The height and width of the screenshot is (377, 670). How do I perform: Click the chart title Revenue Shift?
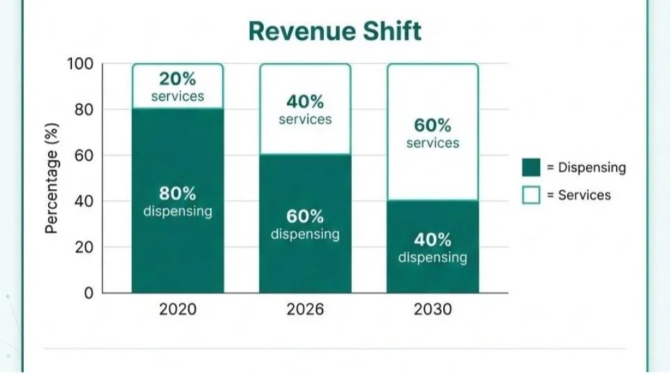click(335, 31)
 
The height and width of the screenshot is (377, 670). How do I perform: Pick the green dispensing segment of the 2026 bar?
click(305, 265)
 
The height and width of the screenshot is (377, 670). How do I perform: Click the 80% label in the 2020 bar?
click(177, 193)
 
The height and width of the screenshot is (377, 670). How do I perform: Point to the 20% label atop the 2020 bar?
click(177, 79)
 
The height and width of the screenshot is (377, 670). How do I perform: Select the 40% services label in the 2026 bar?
click(305, 102)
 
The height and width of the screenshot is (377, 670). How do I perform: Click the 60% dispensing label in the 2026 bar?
click(305, 216)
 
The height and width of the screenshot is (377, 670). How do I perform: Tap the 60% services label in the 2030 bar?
click(433, 126)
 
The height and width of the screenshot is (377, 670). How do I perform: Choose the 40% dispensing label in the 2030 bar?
click(433, 240)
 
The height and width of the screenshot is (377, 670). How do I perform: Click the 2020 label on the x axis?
click(177, 309)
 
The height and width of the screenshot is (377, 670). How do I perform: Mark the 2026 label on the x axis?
click(305, 309)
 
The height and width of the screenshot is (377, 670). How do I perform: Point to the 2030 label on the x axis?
click(433, 309)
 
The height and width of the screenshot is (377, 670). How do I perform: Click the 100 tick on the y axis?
click(80, 64)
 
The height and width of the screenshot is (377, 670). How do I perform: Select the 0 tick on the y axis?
click(89, 293)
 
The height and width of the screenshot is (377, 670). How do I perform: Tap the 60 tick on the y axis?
click(84, 156)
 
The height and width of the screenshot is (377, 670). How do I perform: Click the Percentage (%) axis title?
click(52, 179)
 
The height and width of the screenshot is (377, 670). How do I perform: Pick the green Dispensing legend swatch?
click(531, 168)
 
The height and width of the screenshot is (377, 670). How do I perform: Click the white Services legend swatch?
click(531, 195)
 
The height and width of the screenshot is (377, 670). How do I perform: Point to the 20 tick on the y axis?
click(84, 247)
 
